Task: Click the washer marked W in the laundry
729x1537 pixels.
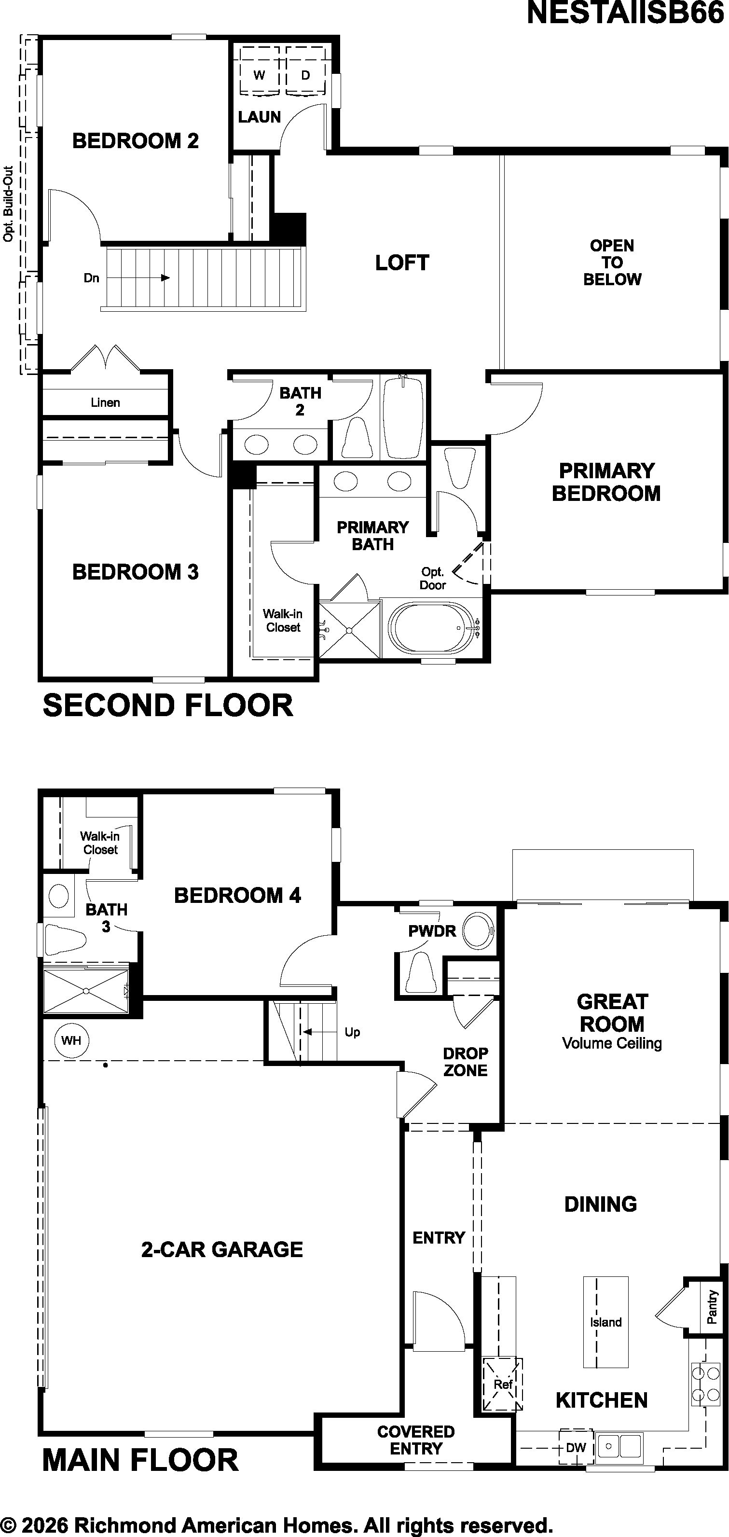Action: [260, 70]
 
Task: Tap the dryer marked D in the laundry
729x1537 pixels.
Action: [306, 70]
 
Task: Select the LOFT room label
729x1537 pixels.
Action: [402, 263]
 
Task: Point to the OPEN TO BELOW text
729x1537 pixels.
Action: [612, 263]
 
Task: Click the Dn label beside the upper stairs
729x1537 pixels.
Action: [91, 278]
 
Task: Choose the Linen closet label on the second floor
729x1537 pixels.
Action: [106, 403]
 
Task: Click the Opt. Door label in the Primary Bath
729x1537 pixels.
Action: [432, 579]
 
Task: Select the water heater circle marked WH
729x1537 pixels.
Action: [71, 1040]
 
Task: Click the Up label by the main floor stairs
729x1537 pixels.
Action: [353, 1032]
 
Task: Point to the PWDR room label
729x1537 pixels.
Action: [432, 931]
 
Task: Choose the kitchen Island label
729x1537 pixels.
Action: [606, 1322]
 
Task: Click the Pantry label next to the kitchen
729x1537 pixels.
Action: [712, 1307]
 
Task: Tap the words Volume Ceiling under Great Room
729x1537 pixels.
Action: [612, 1043]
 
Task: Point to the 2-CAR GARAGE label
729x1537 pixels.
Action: [222, 1249]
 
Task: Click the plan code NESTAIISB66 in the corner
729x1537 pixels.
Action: [626, 13]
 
